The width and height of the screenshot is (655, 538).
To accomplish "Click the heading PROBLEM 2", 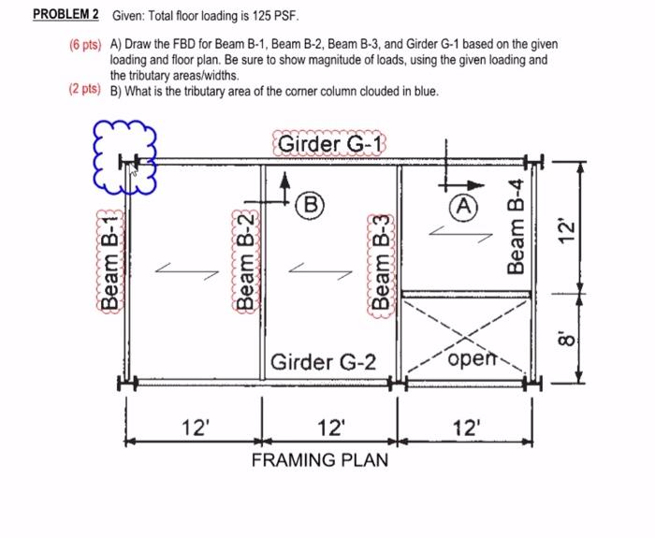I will (65, 15).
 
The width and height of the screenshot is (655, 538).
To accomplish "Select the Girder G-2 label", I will (323, 361).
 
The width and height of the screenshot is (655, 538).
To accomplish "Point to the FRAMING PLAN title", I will (319, 459).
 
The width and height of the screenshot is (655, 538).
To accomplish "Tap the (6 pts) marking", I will (85, 44).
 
